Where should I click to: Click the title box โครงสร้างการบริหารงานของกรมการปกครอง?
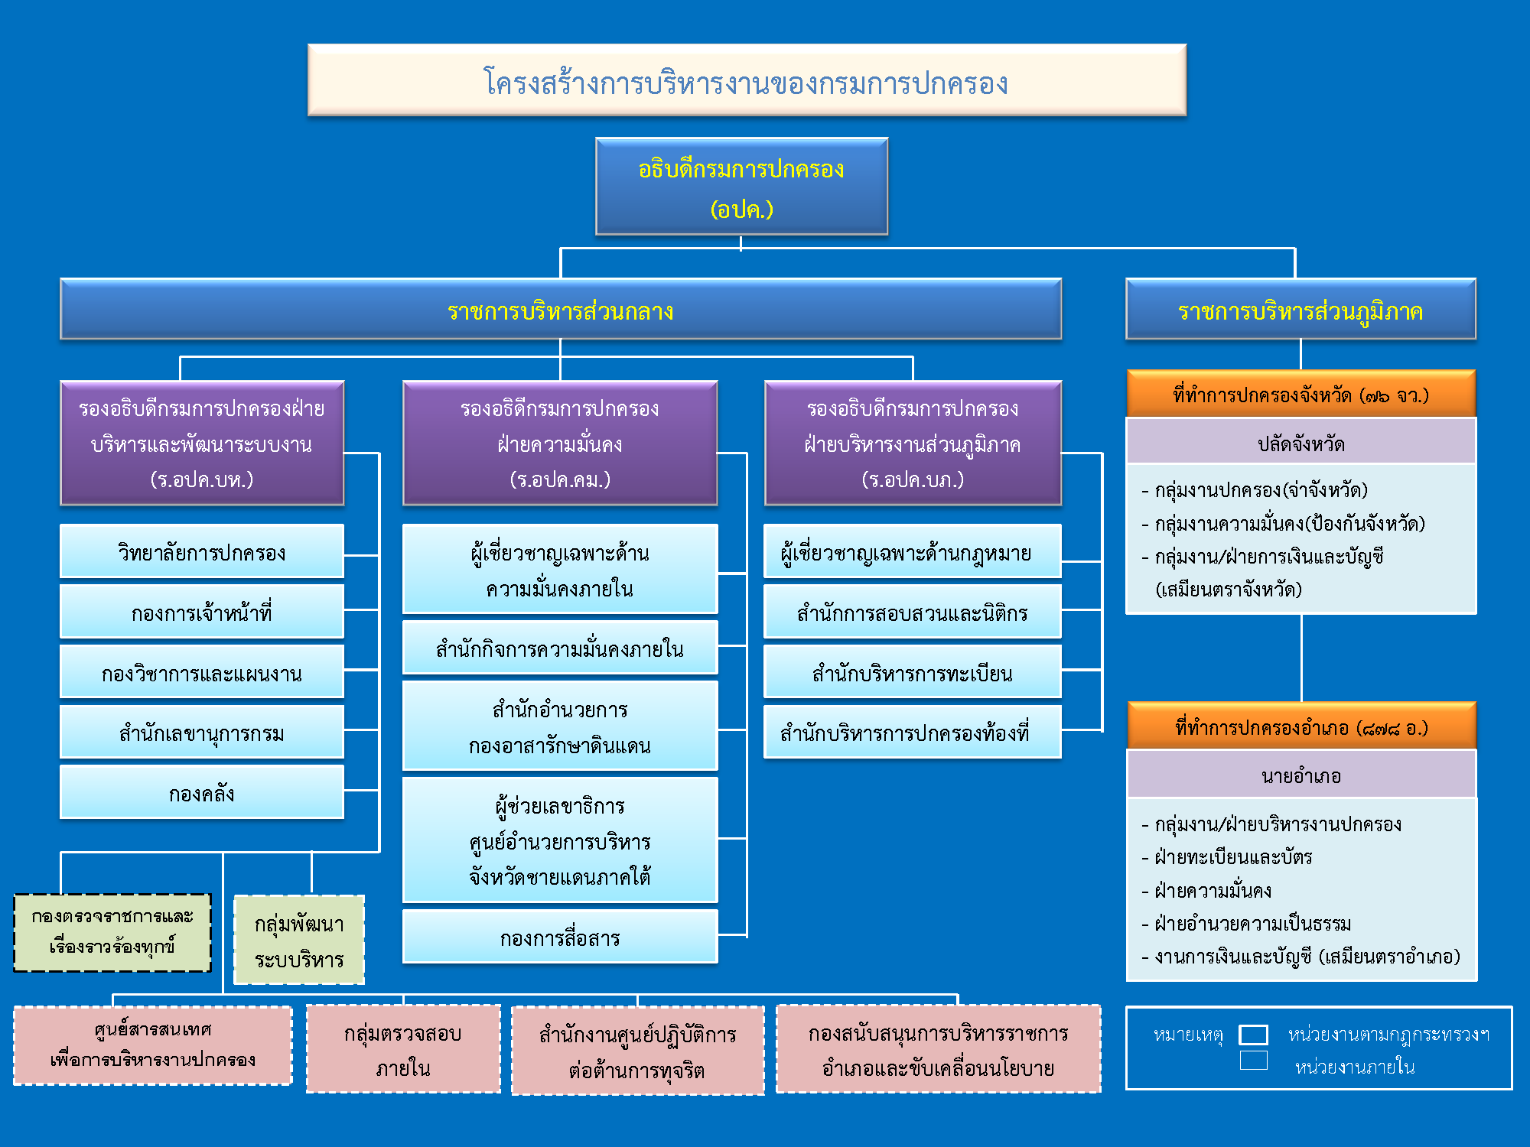tap(747, 80)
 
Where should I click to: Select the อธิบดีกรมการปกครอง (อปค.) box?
tap(741, 187)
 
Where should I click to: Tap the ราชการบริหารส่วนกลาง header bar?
tap(560, 310)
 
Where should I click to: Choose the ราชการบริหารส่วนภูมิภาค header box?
tap(1300, 310)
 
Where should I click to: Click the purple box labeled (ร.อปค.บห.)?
tap(202, 444)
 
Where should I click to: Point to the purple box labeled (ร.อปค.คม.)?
tap(560, 444)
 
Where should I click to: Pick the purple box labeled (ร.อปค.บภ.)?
tap(913, 444)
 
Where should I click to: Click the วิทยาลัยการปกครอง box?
tap(202, 551)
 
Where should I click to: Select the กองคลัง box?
tap(202, 793)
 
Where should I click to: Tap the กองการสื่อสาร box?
tap(560, 937)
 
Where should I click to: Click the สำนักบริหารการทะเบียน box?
tap(913, 672)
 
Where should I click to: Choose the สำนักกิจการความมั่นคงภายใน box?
tap(560, 648)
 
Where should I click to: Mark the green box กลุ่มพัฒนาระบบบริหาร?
tap(299, 940)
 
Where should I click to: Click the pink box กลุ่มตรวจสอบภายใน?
tap(403, 1049)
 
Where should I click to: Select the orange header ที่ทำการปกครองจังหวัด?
tap(1300, 395)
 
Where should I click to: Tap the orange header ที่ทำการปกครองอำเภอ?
tap(1300, 726)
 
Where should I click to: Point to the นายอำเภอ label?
tap(1300, 775)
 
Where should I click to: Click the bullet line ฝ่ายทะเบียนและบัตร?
tap(1233, 857)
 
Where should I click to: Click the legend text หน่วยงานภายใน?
tap(1354, 1066)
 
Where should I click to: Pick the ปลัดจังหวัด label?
tap(1300, 443)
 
